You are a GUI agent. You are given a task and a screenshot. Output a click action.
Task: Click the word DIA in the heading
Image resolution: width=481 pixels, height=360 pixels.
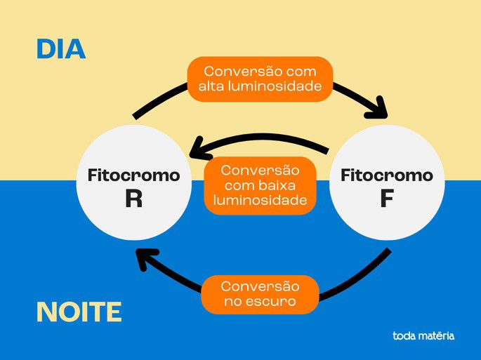pyautogui.click(x=61, y=50)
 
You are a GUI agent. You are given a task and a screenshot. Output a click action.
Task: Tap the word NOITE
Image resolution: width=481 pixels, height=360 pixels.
pyautogui.click(x=79, y=312)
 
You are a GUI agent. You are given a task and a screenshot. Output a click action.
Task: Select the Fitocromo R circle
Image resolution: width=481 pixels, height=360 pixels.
pyautogui.click(x=133, y=185)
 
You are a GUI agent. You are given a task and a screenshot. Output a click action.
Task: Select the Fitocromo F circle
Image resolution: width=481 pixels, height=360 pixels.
pyautogui.click(x=386, y=184)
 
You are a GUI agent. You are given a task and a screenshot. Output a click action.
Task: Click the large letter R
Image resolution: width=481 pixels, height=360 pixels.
pyautogui.click(x=133, y=199)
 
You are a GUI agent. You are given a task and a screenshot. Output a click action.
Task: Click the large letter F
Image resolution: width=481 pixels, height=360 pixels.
pyautogui.click(x=386, y=199)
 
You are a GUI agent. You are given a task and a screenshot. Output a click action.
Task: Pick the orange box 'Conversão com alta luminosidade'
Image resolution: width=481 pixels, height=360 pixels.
pyautogui.click(x=259, y=79)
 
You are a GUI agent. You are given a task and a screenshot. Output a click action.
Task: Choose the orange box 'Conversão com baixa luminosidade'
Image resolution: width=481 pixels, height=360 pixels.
pyautogui.click(x=260, y=185)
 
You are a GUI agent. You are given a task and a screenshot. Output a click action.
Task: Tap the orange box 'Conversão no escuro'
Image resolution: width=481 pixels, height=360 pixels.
pyautogui.click(x=260, y=294)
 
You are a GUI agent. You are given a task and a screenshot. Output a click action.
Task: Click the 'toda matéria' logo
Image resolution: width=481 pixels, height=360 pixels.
pyautogui.click(x=423, y=335)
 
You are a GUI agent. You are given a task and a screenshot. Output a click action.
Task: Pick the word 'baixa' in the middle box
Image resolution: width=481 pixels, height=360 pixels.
pyautogui.click(x=279, y=185)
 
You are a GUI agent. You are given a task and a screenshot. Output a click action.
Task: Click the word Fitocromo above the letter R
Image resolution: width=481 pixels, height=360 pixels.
pyautogui.click(x=133, y=175)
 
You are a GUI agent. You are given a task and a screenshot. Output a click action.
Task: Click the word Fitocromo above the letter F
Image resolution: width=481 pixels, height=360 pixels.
pyautogui.click(x=386, y=175)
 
